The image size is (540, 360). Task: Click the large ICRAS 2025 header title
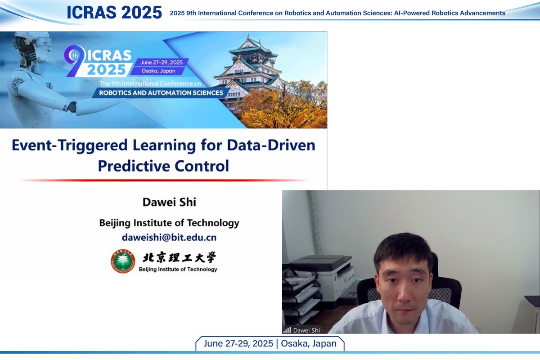click(114, 12)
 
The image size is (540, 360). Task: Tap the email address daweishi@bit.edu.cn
click(169, 238)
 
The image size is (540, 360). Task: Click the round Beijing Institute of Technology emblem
click(123, 261)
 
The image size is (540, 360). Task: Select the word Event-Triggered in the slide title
click(69, 146)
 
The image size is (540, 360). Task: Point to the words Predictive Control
click(163, 166)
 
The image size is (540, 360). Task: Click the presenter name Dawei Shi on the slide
click(169, 202)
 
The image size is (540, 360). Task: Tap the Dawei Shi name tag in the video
click(306, 330)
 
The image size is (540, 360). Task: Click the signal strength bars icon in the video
click(287, 330)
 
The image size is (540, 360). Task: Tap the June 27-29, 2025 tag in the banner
click(161, 62)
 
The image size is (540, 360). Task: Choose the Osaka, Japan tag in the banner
click(158, 71)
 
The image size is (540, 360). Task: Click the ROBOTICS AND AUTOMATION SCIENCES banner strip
click(161, 93)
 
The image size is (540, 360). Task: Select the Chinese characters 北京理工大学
click(179, 257)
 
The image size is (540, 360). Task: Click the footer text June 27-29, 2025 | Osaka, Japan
click(270, 344)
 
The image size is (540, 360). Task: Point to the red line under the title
click(164, 180)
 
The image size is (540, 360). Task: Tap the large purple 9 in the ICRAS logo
click(73, 60)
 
